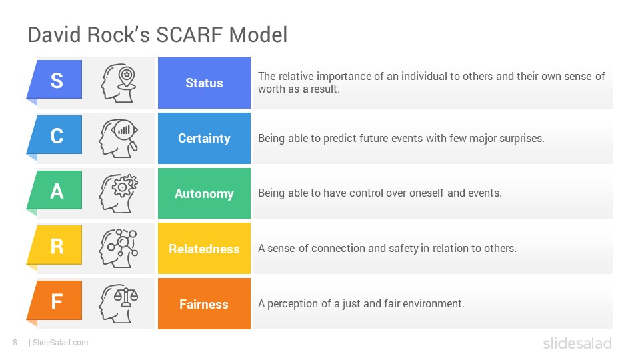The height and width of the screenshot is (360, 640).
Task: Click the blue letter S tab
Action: tap(55, 80)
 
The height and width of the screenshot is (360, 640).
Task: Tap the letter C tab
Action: tap(55, 135)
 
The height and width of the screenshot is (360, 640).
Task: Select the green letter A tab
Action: tap(55, 191)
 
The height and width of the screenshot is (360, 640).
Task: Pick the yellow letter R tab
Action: tap(55, 246)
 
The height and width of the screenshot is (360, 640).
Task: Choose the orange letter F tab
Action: tap(55, 301)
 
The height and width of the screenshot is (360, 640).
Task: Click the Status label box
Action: tap(204, 83)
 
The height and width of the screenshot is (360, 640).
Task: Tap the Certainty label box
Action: tap(204, 139)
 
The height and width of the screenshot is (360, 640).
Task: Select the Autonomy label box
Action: tap(204, 193)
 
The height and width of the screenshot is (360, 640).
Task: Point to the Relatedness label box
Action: tap(204, 249)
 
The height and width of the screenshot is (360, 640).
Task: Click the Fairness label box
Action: tap(204, 304)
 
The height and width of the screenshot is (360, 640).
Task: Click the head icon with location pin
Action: tap(119, 83)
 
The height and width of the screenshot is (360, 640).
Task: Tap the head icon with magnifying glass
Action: tap(119, 139)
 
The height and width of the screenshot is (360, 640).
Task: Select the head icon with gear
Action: tap(119, 193)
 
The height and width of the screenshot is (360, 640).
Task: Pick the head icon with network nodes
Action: tap(119, 248)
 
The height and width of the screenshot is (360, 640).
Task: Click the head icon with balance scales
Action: tap(119, 304)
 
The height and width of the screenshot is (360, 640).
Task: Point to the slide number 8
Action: tap(15, 343)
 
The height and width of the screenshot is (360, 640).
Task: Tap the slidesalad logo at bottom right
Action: tap(577, 343)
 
